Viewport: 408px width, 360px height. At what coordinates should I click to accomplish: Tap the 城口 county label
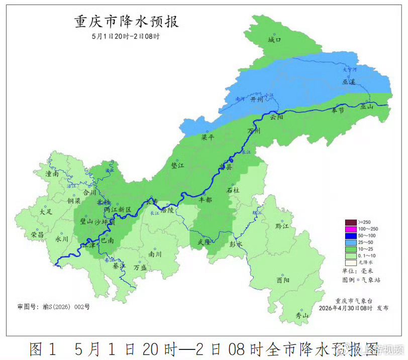[x=274, y=39]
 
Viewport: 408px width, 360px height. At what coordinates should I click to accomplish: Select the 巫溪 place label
[x=348, y=81]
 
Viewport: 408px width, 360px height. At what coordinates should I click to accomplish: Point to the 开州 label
[x=256, y=99]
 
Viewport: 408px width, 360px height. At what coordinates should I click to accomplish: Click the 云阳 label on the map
[x=277, y=117]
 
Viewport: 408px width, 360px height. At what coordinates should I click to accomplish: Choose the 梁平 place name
[x=208, y=137]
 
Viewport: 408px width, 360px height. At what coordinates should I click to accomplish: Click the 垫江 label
[x=178, y=165]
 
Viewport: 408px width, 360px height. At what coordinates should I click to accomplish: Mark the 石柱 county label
[x=233, y=190]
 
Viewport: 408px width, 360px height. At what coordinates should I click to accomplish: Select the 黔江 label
[x=282, y=226]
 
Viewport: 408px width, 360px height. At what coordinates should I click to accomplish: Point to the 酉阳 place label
[x=283, y=280]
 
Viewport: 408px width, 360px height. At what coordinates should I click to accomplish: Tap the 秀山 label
[x=301, y=315]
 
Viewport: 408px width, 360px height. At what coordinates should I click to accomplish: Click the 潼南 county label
[x=52, y=174]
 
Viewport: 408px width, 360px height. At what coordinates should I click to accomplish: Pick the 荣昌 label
[x=37, y=234]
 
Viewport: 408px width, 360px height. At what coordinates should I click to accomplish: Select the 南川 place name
[x=155, y=254]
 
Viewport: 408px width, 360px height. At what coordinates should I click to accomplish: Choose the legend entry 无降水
[x=365, y=262]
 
